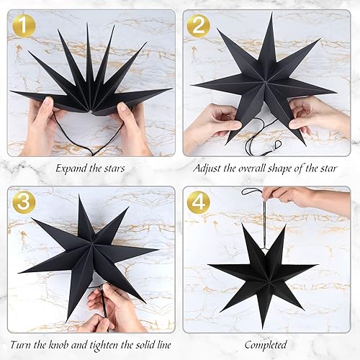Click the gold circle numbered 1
coord(24,27)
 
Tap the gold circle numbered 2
coord(199,27)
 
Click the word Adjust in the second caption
coord(208,168)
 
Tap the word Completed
coord(265,345)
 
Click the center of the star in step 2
coord(265,84)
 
